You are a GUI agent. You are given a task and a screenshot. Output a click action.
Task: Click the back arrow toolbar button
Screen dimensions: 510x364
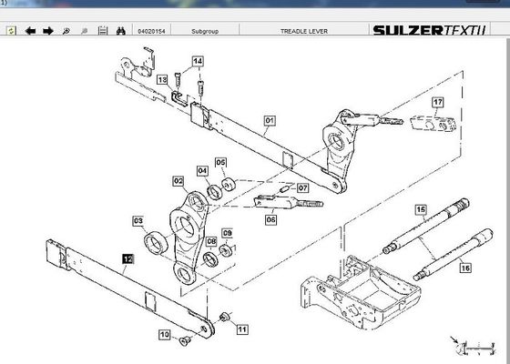(x=30, y=31)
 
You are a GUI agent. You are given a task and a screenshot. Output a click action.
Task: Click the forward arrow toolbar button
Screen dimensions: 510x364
(x=48, y=31)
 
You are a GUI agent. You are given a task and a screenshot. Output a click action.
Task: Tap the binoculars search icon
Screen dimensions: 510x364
(x=121, y=31)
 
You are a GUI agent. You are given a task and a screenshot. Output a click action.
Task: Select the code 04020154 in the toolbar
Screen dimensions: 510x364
(x=151, y=31)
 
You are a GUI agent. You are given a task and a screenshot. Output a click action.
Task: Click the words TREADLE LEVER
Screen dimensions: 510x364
(x=304, y=31)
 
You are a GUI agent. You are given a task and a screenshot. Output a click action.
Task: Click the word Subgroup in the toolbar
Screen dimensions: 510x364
(x=205, y=31)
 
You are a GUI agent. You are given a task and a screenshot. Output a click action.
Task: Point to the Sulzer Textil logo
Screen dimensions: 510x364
(x=429, y=31)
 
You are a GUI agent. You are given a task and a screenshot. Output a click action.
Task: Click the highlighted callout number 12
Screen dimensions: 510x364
(x=127, y=259)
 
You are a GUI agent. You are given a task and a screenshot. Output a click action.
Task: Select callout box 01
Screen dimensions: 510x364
(x=270, y=121)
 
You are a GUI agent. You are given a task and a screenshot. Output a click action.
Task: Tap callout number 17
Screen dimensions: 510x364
(x=438, y=102)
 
